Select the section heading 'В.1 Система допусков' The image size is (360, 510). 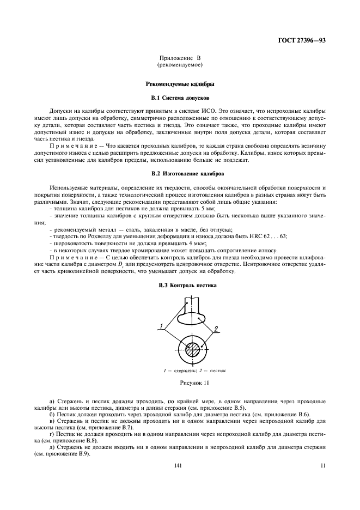coord(180,98)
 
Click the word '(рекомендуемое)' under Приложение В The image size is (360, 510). coord(180,64)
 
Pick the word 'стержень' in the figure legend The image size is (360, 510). coord(185,371)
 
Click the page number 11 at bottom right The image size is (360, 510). coord(322,465)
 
